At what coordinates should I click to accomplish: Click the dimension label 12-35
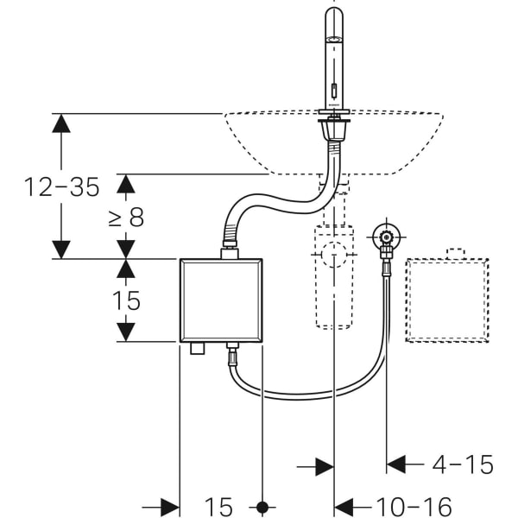(62, 186)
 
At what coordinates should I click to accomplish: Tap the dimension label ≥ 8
(126, 217)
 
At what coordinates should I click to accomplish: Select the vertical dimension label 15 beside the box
(126, 300)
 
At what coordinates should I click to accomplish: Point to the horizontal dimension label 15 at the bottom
(219, 507)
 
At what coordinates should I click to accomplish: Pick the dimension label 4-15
(463, 465)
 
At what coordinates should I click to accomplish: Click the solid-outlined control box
(220, 300)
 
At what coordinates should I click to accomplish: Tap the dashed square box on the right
(447, 298)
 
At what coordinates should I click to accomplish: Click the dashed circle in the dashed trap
(334, 256)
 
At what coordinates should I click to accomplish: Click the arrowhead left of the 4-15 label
(397, 465)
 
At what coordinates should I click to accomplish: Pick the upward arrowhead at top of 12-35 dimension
(60, 123)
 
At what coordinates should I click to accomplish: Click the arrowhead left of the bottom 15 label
(169, 507)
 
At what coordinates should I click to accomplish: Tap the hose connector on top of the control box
(229, 253)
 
